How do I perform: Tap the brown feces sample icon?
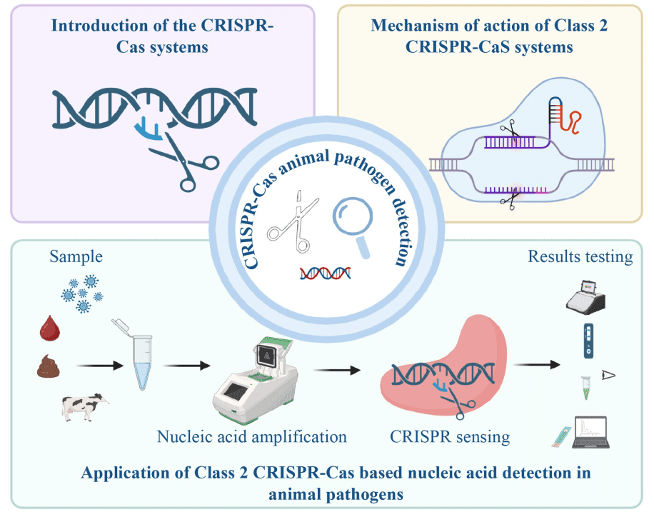[x=52, y=368]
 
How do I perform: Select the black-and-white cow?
[x=84, y=408]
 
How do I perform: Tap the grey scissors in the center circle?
[x=291, y=222]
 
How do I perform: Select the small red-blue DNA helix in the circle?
[x=326, y=273]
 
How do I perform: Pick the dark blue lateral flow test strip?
[x=587, y=340]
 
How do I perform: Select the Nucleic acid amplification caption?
[x=252, y=436]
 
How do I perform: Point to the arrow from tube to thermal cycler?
[x=186, y=366]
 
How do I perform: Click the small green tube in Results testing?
[x=585, y=386]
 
